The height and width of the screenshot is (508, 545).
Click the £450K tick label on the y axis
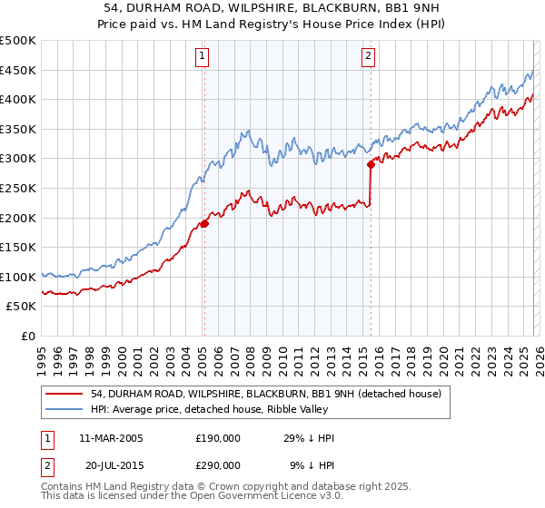click(x=18, y=70)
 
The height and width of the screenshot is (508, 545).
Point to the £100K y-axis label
click(x=18, y=277)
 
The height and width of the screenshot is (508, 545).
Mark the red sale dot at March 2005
click(x=204, y=223)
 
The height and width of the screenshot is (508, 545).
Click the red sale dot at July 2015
click(x=371, y=164)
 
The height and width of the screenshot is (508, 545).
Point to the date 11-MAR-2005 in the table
click(x=111, y=438)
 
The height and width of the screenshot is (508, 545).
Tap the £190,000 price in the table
click(x=217, y=438)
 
